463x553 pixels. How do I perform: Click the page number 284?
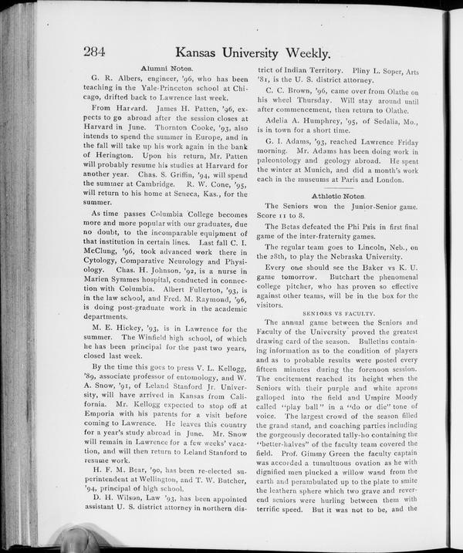point(94,52)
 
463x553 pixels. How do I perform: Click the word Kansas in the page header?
point(204,52)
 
